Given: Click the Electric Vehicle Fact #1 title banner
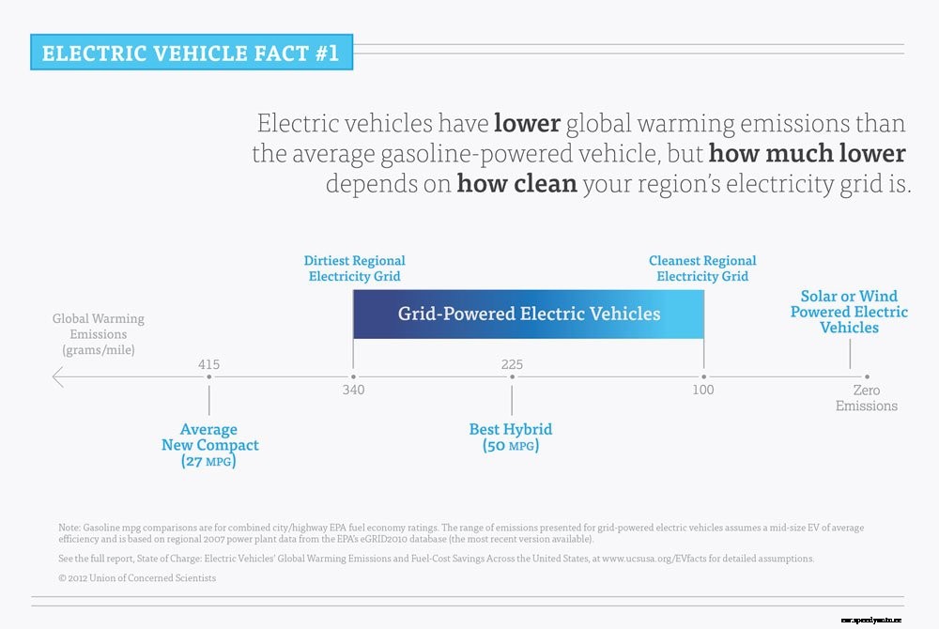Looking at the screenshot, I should coord(191,53).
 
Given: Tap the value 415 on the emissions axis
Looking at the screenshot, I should coord(209,364).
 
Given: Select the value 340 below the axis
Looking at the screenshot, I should coord(353,391).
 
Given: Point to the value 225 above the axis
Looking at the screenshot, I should coord(512,364).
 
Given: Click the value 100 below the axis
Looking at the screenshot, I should coord(703,391).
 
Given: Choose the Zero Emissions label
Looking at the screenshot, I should coord(867,398).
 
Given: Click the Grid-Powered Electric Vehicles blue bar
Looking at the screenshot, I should coord(529,314).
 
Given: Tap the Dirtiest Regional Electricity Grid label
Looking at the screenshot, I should coord(354,268).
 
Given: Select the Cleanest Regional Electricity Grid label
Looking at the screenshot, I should coord(702,268).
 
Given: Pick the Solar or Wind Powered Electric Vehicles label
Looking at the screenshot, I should coord(849,312).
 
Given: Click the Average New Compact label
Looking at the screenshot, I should coord(209,445).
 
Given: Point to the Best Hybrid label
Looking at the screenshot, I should coord(511,437).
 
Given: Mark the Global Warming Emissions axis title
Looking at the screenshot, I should coord(98,334).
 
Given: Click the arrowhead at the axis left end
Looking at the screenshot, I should coord(57,377).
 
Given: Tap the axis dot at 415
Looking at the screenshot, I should coord(209,377).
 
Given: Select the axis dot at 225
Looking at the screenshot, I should coord(512,377).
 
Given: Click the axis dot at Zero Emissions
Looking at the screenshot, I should coord(867,377).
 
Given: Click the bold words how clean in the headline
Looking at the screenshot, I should coord(516,183).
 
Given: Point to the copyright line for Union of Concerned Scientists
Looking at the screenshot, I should coord(137,578).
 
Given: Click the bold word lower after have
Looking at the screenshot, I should coord(527,123).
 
